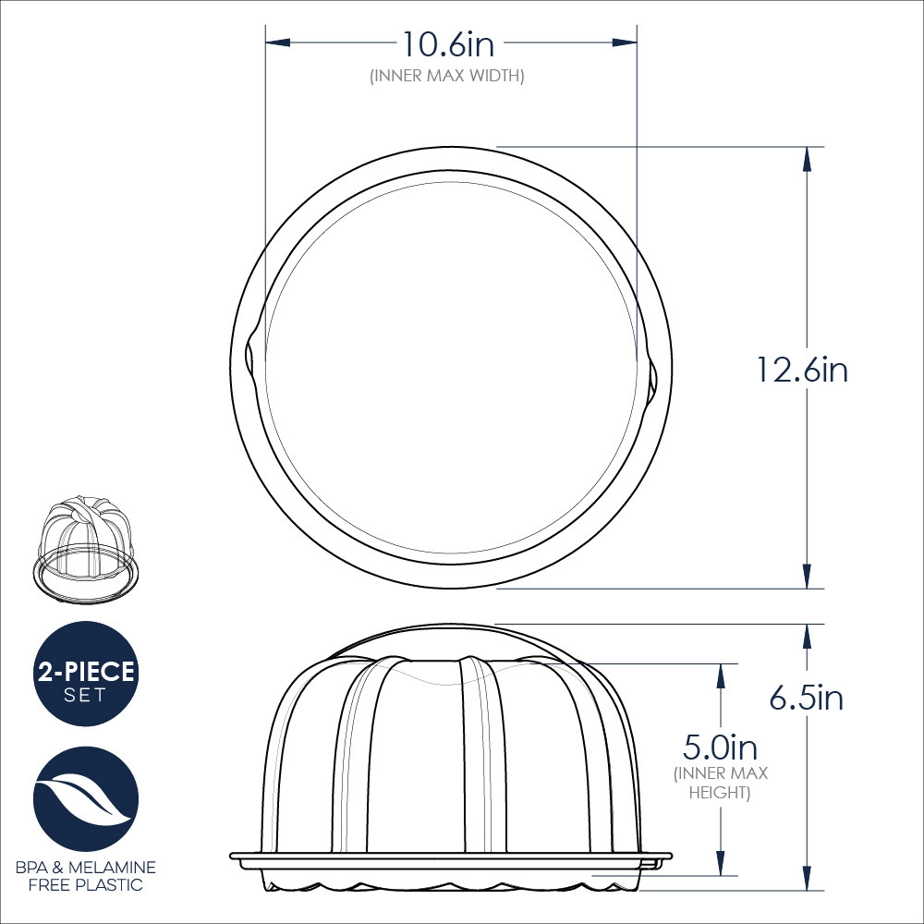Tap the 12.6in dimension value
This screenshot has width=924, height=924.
pos(801,371)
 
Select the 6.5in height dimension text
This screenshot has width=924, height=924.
pos(806,698)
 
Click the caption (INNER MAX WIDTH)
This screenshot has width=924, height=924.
pos(447,76)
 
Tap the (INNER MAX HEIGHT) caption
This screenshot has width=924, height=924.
pos(721,784)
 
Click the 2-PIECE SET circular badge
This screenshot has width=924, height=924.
pos(86,674)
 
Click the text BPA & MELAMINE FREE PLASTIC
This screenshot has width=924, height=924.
pos(86,876)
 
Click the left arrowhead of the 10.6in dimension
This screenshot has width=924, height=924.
pos(278,43)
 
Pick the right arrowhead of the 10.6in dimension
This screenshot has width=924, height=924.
pos(625,43)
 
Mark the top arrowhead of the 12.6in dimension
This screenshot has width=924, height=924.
pos(807,159)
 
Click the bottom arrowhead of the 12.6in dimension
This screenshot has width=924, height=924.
pos(807,576)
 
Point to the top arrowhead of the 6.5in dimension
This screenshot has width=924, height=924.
pos(807,636)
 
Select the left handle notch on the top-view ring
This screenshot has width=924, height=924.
pos(250,356)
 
